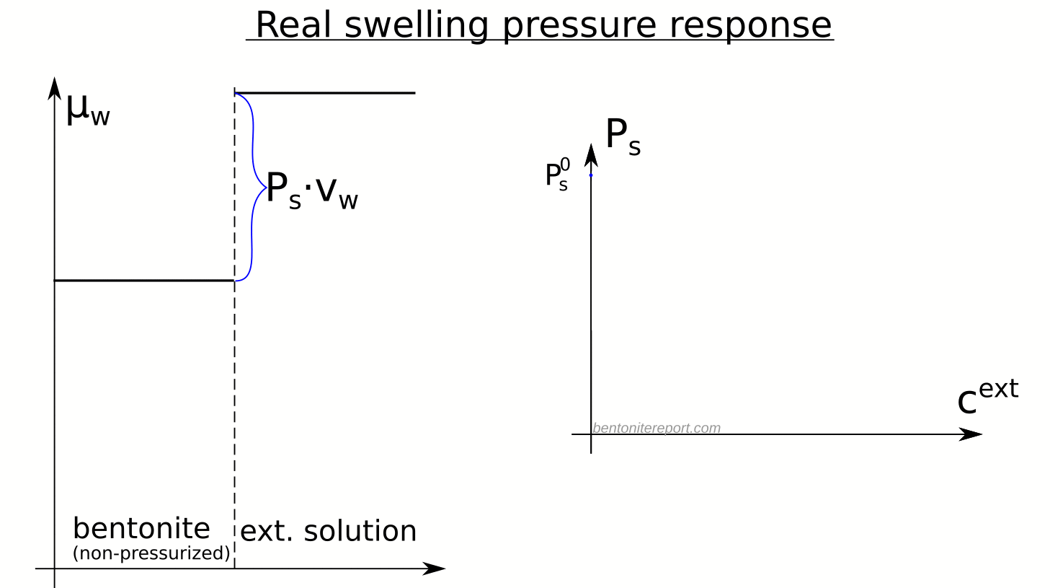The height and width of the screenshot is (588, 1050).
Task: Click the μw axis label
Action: tap(87, 110)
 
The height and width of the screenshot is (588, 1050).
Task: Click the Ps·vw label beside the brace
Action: tap(311, 190)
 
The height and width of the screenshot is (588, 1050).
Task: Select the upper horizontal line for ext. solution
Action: tap(324, 93)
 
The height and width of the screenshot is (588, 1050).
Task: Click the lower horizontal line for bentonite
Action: tap(144, 280)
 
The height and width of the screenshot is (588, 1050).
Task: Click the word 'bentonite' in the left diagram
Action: tap(141, 529)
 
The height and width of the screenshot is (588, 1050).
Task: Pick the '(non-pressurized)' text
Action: tap(151, 553)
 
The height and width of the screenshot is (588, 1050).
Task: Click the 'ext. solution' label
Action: tap(328, 531)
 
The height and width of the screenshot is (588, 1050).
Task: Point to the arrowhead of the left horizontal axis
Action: tap(435, 569)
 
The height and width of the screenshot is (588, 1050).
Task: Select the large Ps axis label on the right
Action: tap(622, 136)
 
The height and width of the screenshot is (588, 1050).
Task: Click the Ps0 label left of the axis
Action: tap(557, 175)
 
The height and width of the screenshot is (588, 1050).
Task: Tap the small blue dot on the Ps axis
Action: tap(591, 175)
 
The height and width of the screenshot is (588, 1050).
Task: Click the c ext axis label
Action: tap(987, 397)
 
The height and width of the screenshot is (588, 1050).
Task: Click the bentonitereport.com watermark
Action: tap(657, 428)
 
